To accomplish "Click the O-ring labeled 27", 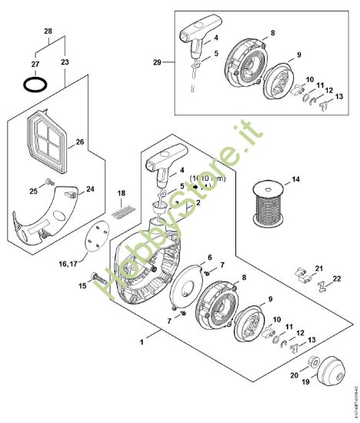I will click(33, 82).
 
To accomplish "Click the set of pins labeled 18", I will click(121, 207).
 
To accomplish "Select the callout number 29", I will click(158, 61).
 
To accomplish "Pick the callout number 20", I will click(293, 375).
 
